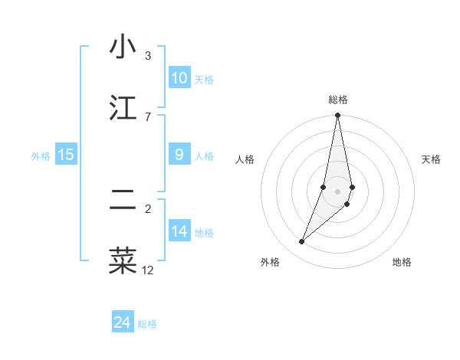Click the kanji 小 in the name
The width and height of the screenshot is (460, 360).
click(x=123, y=47)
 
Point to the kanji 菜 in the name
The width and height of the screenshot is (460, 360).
click(x=123, y=260)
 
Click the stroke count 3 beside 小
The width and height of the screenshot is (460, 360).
click(x=148, y=56)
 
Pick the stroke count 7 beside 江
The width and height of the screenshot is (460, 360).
click(x=148, y=116)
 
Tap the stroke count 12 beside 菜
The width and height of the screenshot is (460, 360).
click(x=148, y=270)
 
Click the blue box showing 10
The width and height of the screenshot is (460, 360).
click(x=179, y=78)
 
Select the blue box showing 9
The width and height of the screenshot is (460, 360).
click(x=179, y=155)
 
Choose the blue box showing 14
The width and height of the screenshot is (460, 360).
click(x=179, y=231)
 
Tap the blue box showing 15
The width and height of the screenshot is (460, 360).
click(x=66, y=155)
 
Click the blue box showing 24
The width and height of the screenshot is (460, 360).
click(x=123, y=322)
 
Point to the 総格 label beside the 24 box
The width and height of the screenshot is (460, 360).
click(x=147, y=324)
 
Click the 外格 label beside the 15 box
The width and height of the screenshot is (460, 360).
click(x=41, y=155)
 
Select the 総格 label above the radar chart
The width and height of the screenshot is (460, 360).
click(x=338, y=100)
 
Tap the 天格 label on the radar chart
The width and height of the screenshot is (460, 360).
click(x=432, y=159)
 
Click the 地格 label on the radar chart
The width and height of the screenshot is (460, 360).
click(x=402, y=262)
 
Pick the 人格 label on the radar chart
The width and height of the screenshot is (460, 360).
click(x=245, y=159)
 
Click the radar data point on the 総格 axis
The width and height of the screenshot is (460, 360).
click(x=337, y=116)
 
